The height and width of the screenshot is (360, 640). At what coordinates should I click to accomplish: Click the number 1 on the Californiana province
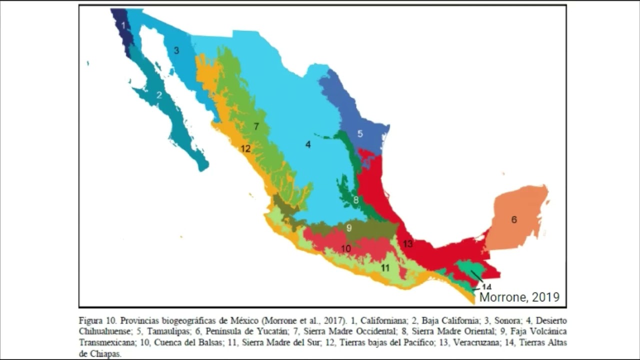pyautogui.click(x=123, y=24)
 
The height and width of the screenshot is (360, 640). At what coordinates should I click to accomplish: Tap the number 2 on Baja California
pyautogui.click(x=159, y=94)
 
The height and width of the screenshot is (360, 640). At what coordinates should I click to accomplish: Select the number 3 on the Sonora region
pyautogui.click(x=176, y=50)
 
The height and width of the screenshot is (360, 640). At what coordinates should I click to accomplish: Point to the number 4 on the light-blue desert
pyautogui.click(x=308, y=144)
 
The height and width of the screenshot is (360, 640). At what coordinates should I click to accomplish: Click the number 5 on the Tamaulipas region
pyautogui.click(x=359, y=133)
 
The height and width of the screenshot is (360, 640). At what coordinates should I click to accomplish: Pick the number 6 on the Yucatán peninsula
pyautogui.click(x=514, y=219)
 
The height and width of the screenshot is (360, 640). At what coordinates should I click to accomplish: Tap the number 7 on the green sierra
pyautogui.click(x=256, y=126)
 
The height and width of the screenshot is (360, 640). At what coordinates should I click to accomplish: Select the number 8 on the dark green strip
pyautogui.click(x=356, y=200)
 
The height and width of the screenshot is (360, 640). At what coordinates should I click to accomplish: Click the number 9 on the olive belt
pyautogui.click(x=349, y=228)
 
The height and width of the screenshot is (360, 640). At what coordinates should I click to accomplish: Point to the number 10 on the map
pyautogui.click(x=346, y=248)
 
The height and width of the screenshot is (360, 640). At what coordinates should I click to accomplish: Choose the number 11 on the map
pyautogui.click(x=385, y=268)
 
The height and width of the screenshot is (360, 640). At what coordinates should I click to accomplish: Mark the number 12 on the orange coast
pyautogui.click(x=245, y=148)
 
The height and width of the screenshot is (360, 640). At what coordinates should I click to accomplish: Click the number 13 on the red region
pyautogui.click(x=408, y=244)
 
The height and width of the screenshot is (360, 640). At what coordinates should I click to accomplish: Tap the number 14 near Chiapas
pyautogui.click(x=486, y=286)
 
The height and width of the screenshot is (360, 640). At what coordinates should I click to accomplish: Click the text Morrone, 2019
pyautogui.click(x=519, y=297)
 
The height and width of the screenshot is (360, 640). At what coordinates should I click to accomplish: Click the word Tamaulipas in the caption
pyautogui.click(x=166, y=331)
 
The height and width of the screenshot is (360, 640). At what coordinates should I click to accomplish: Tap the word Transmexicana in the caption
pyautogui.click(x=106, y=342)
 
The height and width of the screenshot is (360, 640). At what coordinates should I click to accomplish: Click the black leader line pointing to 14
pyautogui.click(x=476, y=276)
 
